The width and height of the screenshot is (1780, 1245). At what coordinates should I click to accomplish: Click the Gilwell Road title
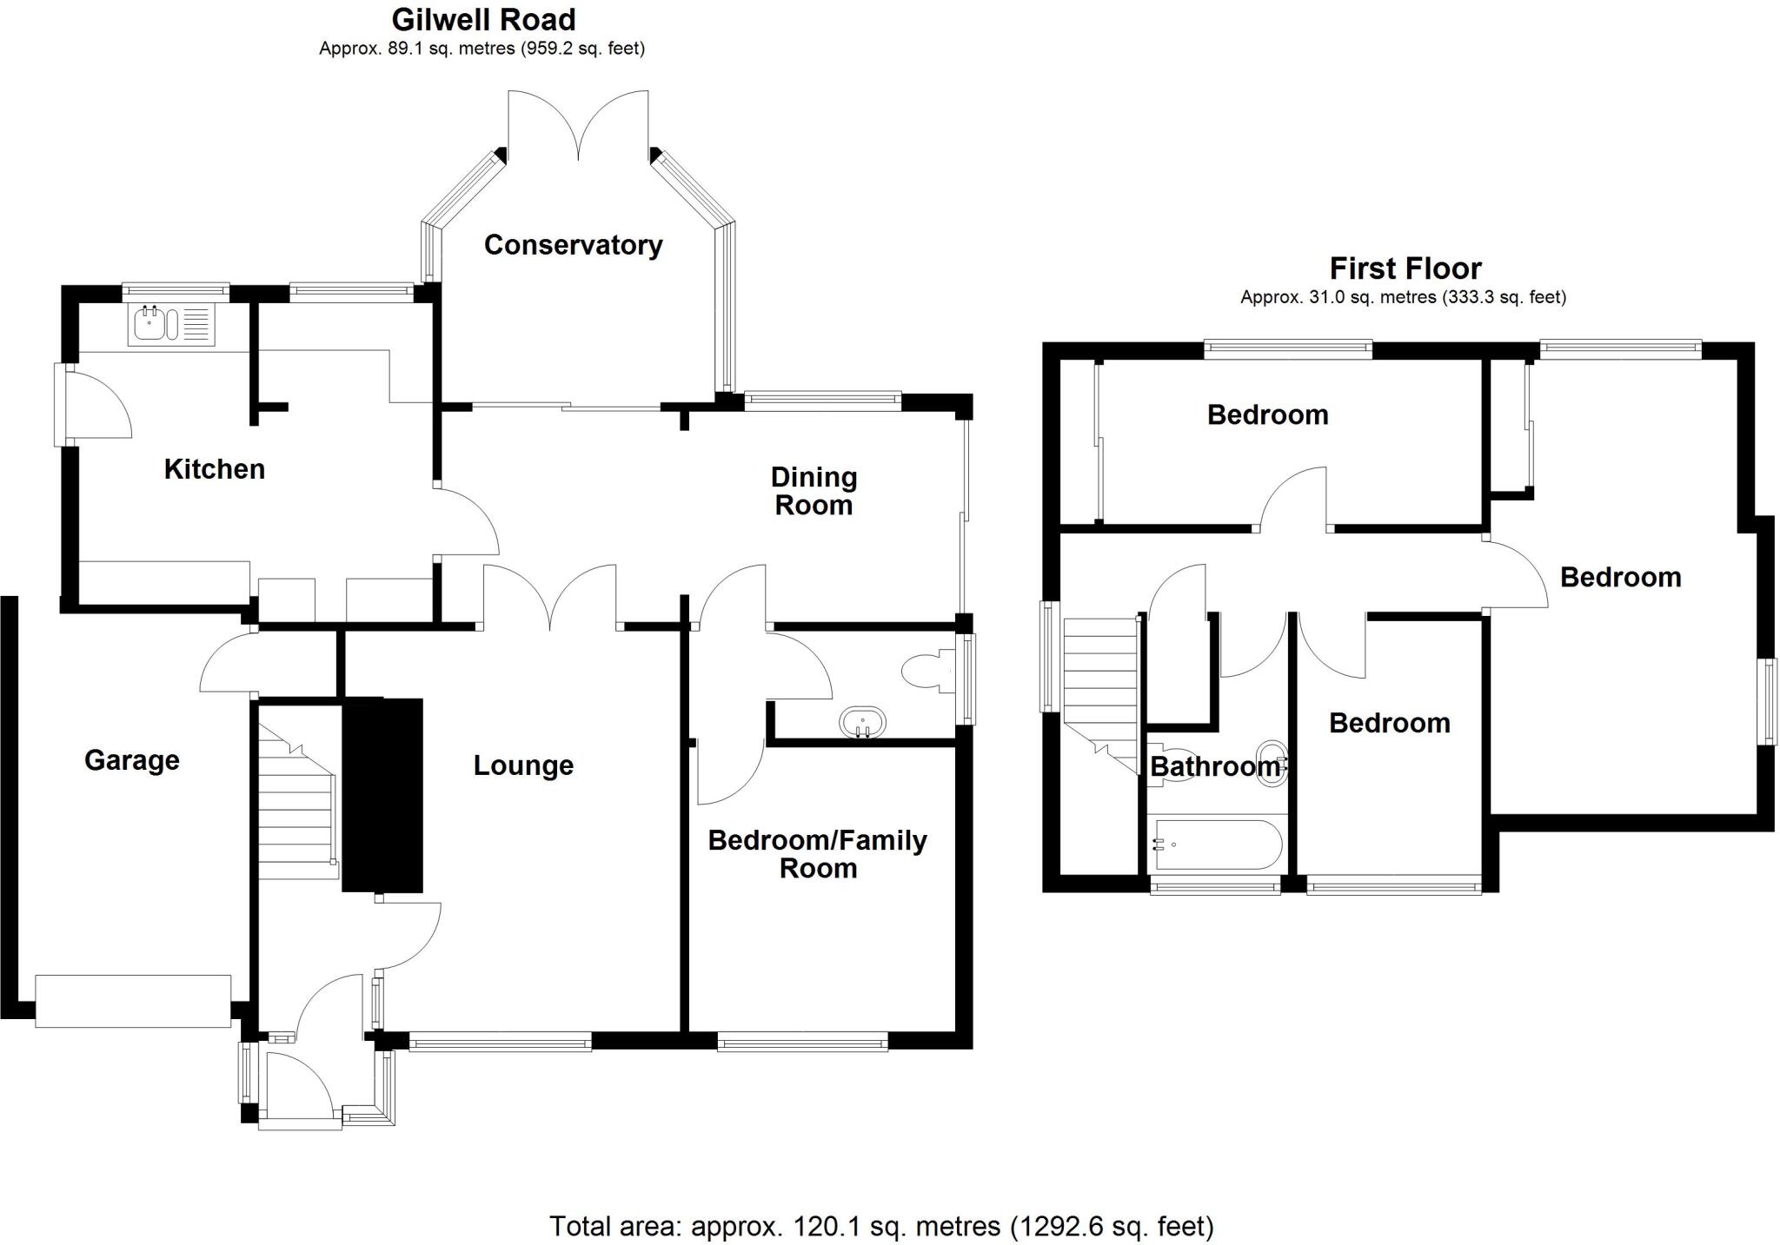pos(483,19)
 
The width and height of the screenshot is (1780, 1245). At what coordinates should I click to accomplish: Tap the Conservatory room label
pos(573,245)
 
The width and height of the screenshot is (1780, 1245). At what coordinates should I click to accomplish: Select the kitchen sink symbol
pos(171,324)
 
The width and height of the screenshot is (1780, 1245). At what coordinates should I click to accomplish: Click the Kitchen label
pos(214,469)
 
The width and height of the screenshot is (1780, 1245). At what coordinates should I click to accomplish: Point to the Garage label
pos(132,760)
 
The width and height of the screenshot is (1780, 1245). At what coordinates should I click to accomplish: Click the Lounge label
pos(523,765)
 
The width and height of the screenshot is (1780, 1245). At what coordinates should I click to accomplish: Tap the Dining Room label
pos(814,491)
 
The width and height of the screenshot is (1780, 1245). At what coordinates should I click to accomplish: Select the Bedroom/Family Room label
pos(817,854)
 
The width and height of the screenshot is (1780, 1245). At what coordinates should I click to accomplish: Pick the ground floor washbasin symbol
pos(862,722)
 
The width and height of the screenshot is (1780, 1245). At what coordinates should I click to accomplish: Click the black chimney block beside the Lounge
pos(382,794)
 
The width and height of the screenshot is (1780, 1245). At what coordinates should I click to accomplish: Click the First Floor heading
pos(1405,268)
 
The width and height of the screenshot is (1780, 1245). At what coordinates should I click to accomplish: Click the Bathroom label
pos(1214,766)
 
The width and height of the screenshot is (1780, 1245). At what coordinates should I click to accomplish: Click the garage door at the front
pos(133,1001)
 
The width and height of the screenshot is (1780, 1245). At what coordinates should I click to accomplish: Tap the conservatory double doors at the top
pos(578,126)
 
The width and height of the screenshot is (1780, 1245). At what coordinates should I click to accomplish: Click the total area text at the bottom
pos(880,1226)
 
